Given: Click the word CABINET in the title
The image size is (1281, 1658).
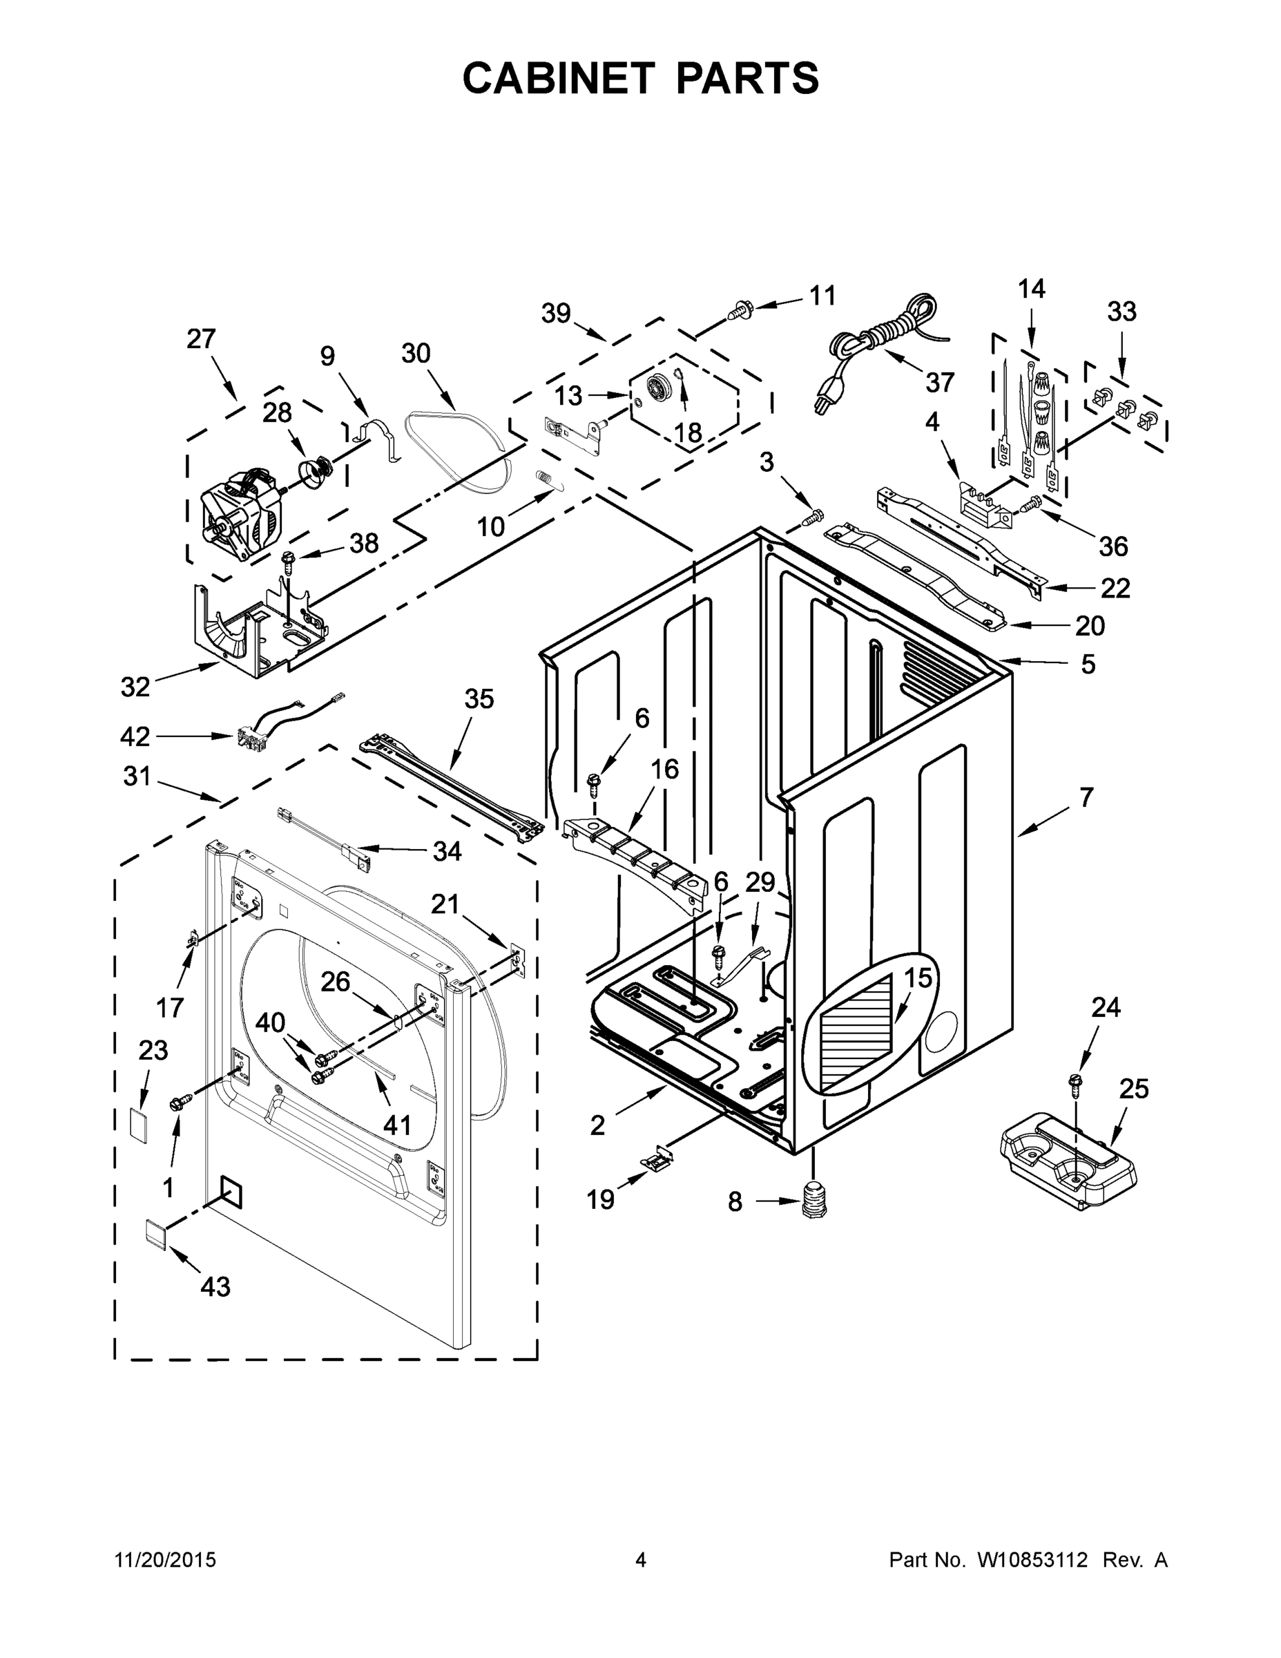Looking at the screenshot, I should tap(558, 77).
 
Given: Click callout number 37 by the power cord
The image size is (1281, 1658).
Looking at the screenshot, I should tap(939, 382).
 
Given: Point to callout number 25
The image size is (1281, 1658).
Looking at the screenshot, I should tap(1134, 1089).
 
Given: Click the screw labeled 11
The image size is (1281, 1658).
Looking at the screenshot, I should tap(739, 309).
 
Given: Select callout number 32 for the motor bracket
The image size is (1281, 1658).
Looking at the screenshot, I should tap(135, 686).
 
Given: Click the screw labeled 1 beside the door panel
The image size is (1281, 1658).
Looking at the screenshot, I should tap(181, 1103).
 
